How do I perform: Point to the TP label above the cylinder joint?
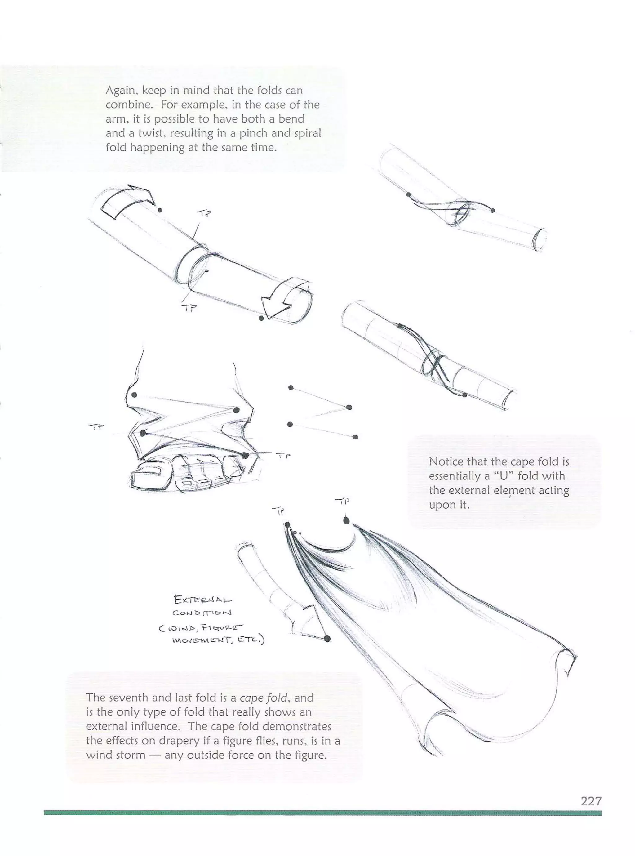point(204,213)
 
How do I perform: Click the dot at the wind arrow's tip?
point(327,639)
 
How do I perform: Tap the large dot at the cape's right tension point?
point(346,521)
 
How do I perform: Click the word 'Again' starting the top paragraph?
point(120,91)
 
